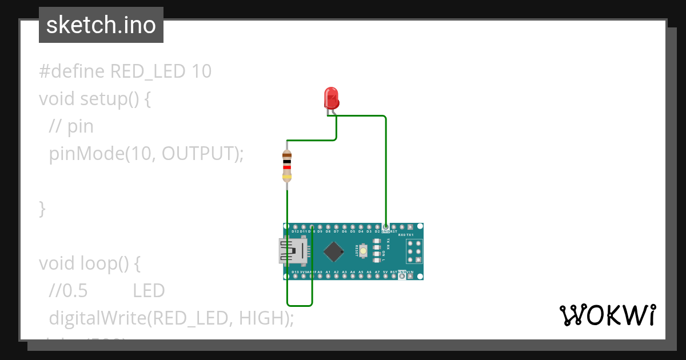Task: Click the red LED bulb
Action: click(x=331, y=98)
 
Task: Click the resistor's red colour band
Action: click(x=287, y=167)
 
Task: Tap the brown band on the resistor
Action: click(x=287, y=155)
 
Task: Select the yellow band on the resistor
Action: click(x=287, y=177)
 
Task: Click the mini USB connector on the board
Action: click(x=292, y=251)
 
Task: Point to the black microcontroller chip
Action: click(x=333, y=251)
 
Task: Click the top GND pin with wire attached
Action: click(x=386, y=227)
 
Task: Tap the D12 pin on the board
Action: click(x=295, y=227)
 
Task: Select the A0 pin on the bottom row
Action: click(x=320, y=276)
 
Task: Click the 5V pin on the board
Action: click(x=386, y=276)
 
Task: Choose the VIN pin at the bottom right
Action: click(x=410, y=276)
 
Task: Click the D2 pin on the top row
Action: click(x=377, y=227)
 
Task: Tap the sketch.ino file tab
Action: click(x=101, y=25)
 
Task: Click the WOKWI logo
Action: click(x=607, y=315)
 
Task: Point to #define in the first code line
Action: click(x=71, y=71)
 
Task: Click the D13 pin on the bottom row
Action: click(x=295, y=276)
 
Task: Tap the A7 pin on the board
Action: click(x=377, y=276)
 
